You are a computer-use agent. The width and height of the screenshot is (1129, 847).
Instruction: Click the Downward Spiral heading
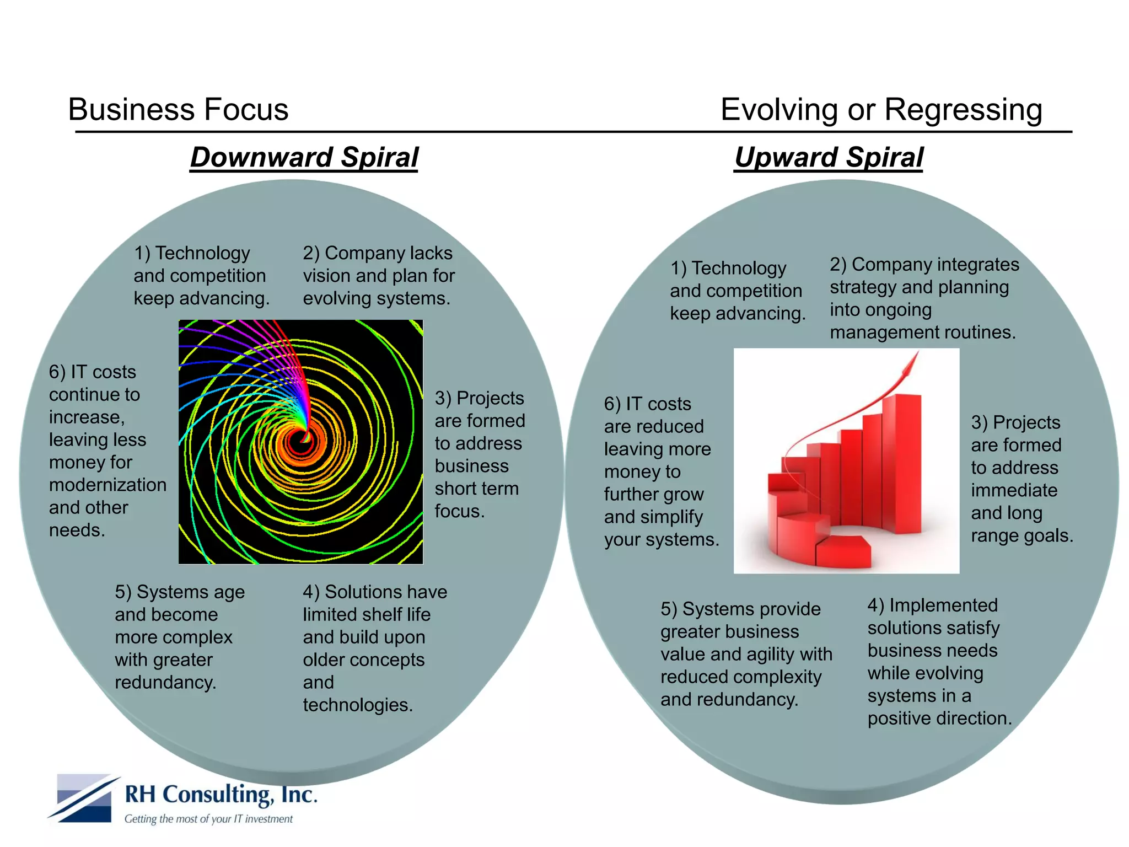(x=304, y=157)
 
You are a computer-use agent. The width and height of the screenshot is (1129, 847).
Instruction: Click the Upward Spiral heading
(x=829, y=157)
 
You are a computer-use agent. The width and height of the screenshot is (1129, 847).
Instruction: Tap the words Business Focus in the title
(x=178, y=109)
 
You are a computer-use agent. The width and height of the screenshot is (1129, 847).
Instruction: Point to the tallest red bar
(x=902, y=463)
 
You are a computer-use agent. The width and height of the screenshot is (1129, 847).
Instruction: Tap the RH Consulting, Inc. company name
(x=221, y=795)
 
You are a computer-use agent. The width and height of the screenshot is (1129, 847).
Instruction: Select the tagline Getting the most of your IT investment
(x=208, y=819)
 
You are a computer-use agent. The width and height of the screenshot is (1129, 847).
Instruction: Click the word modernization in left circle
(x=107, y=485)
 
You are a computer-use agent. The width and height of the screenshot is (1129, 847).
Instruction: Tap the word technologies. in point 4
(x=358, y=705)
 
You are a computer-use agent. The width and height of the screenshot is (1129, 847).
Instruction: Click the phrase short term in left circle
(x=476, y=489)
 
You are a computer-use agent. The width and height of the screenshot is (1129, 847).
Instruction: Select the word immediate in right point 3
(x=1014, y=490)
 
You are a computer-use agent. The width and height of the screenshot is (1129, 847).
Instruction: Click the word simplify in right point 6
(x=670, y=517)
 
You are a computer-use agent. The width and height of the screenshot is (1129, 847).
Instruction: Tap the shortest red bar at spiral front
(x=843, y=553)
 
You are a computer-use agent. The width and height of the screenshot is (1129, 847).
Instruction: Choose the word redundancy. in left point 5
(x=165, y=682)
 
